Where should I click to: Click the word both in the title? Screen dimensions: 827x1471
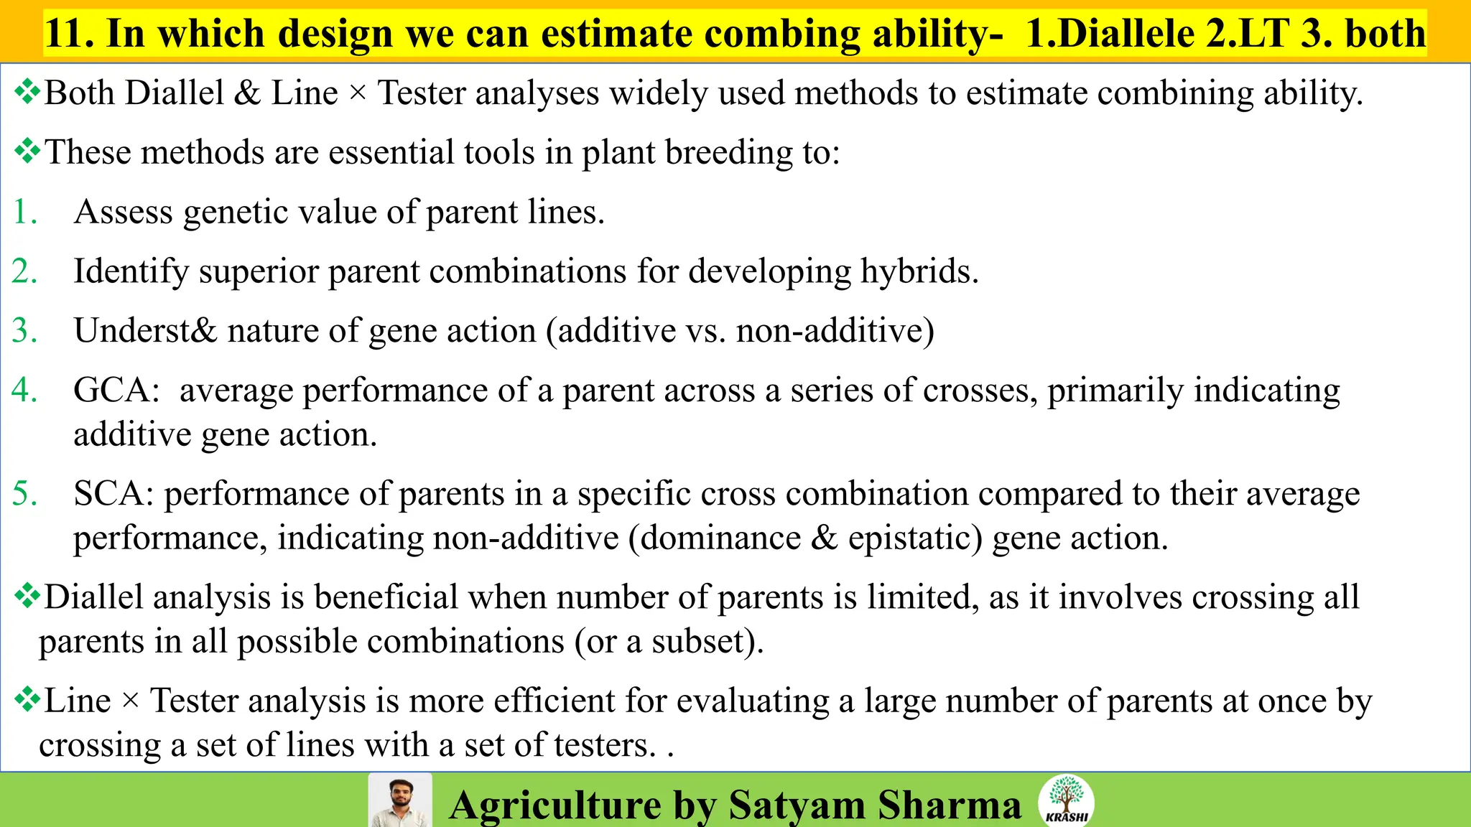pyautogui.click(x=1385, y=34)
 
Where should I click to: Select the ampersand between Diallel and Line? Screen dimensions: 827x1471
pyautogui.click(x=247, y=93)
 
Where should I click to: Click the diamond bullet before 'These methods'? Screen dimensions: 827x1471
pyautogui.click(x=27, y=151)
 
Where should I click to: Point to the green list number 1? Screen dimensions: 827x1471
pyautogui.click(x=25, y=212)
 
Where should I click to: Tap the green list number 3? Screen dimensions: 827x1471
pyautogui.click(x=25, y=331)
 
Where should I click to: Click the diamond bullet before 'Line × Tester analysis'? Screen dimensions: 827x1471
pyautogui.click(x=27, y=699)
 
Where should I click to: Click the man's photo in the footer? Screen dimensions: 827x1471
pyautogui.click(x=400, y=800)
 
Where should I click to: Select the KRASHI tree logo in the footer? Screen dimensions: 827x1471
pyautogui.click(x=1067, y=799)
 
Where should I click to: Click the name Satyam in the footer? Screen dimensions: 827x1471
pyautogui.click(x=797, y=805)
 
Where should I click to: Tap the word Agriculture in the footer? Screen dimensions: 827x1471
pyautogui.click(x=555, y=805)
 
